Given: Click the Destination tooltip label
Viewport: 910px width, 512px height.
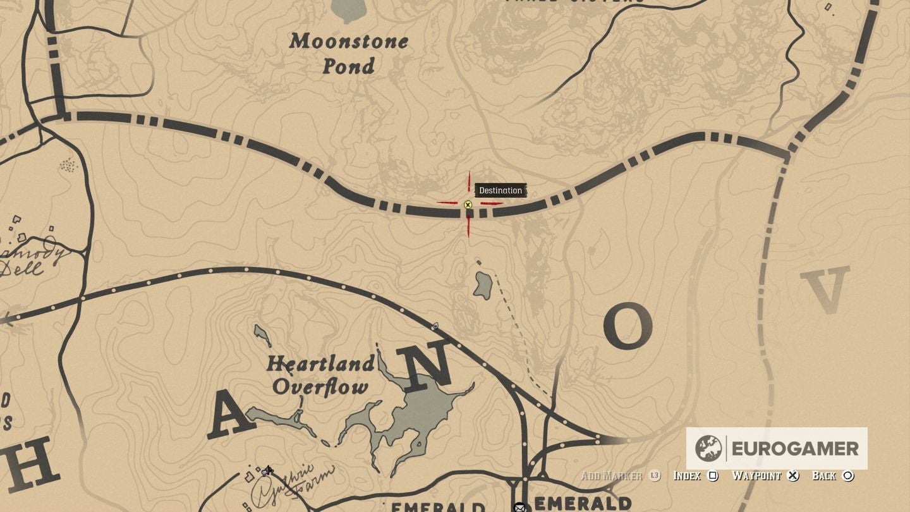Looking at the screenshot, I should pos(500,190).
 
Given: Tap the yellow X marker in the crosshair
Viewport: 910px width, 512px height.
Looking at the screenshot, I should pos(468,205).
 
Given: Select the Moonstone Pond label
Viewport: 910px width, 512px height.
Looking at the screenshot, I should pos(349,53).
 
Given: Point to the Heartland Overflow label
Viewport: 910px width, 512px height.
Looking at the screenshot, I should pos(320,375).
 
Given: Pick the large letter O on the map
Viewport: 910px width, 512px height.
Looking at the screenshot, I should pos(628,326).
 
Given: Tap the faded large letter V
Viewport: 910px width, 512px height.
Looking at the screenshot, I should pos(825,290).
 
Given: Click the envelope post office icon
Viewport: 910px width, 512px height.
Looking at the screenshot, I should pos(519,507).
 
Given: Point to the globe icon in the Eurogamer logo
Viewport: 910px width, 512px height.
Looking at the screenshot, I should pos(708,449).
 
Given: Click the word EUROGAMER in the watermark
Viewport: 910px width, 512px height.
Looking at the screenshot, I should pos(795,449).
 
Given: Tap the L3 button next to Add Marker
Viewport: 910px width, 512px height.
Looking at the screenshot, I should pos(655,475).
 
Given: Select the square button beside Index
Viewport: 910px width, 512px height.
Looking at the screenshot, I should pos(713,475).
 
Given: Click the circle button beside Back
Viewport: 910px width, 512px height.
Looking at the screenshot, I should pos(848,475).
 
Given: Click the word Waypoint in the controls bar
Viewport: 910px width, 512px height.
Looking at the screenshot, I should pos(756,475).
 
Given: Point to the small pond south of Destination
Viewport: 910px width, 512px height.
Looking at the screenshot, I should pos(483,285).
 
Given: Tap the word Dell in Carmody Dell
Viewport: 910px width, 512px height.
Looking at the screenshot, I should pos(22,268).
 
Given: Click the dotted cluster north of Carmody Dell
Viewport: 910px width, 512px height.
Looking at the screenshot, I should pos(68,166).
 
